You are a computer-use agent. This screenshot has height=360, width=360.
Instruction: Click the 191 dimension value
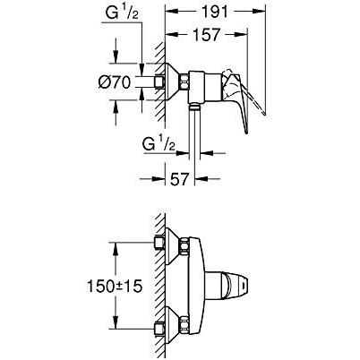[215, 12]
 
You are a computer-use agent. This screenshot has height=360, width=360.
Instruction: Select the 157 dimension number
[207, 35]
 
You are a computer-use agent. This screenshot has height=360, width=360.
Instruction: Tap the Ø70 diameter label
[115, 81]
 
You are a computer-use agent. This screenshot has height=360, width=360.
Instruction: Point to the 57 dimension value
[180, 179]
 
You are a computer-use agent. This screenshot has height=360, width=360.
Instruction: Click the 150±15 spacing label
[115, 287]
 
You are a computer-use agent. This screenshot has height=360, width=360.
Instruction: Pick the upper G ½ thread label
[122, 13]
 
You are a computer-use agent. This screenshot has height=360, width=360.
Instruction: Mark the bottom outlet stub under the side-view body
[194, 107]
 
